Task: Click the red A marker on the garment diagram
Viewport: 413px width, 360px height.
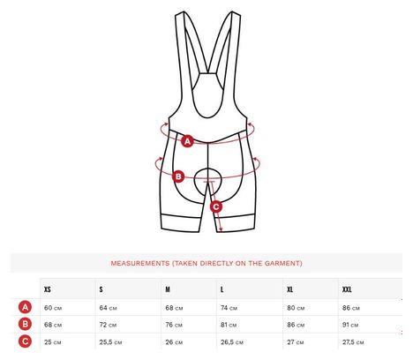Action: click(x=187, y=141)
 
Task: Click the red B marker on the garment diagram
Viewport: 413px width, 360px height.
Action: click(x=178, y=176)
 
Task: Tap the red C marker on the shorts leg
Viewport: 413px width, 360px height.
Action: click(x=216, y=206)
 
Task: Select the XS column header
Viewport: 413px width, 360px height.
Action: click(x=48, y=289)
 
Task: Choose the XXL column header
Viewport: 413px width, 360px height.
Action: click(x=347, y=289)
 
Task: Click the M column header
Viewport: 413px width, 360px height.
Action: click(x=168, y=289)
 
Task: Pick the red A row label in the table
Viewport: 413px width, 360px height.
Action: click(x=26, y=307)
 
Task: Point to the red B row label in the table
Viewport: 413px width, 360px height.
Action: click(x=26, y=324)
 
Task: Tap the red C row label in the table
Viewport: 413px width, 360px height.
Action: click(x=26, y=341)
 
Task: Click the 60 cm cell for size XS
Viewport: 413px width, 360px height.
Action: click(x=53, y=308)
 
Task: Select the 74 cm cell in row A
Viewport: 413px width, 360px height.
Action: click(x=229, y=308)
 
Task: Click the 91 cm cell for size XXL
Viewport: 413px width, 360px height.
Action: click(x=350, y=325)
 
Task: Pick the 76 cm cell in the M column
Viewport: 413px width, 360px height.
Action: click(x=174, y=325)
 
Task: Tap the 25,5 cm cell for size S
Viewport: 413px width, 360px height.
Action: click(x=110, y=342)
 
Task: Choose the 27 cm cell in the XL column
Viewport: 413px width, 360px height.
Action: click(x=296, y=342)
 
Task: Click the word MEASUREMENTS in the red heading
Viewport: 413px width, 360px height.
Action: click(x=140, y=263)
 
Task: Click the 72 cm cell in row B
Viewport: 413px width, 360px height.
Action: click(x=108, y=325)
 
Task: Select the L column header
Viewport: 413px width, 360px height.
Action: click(x=222, y=289)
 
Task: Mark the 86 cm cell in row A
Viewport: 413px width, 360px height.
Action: click(x=351, y=308)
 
